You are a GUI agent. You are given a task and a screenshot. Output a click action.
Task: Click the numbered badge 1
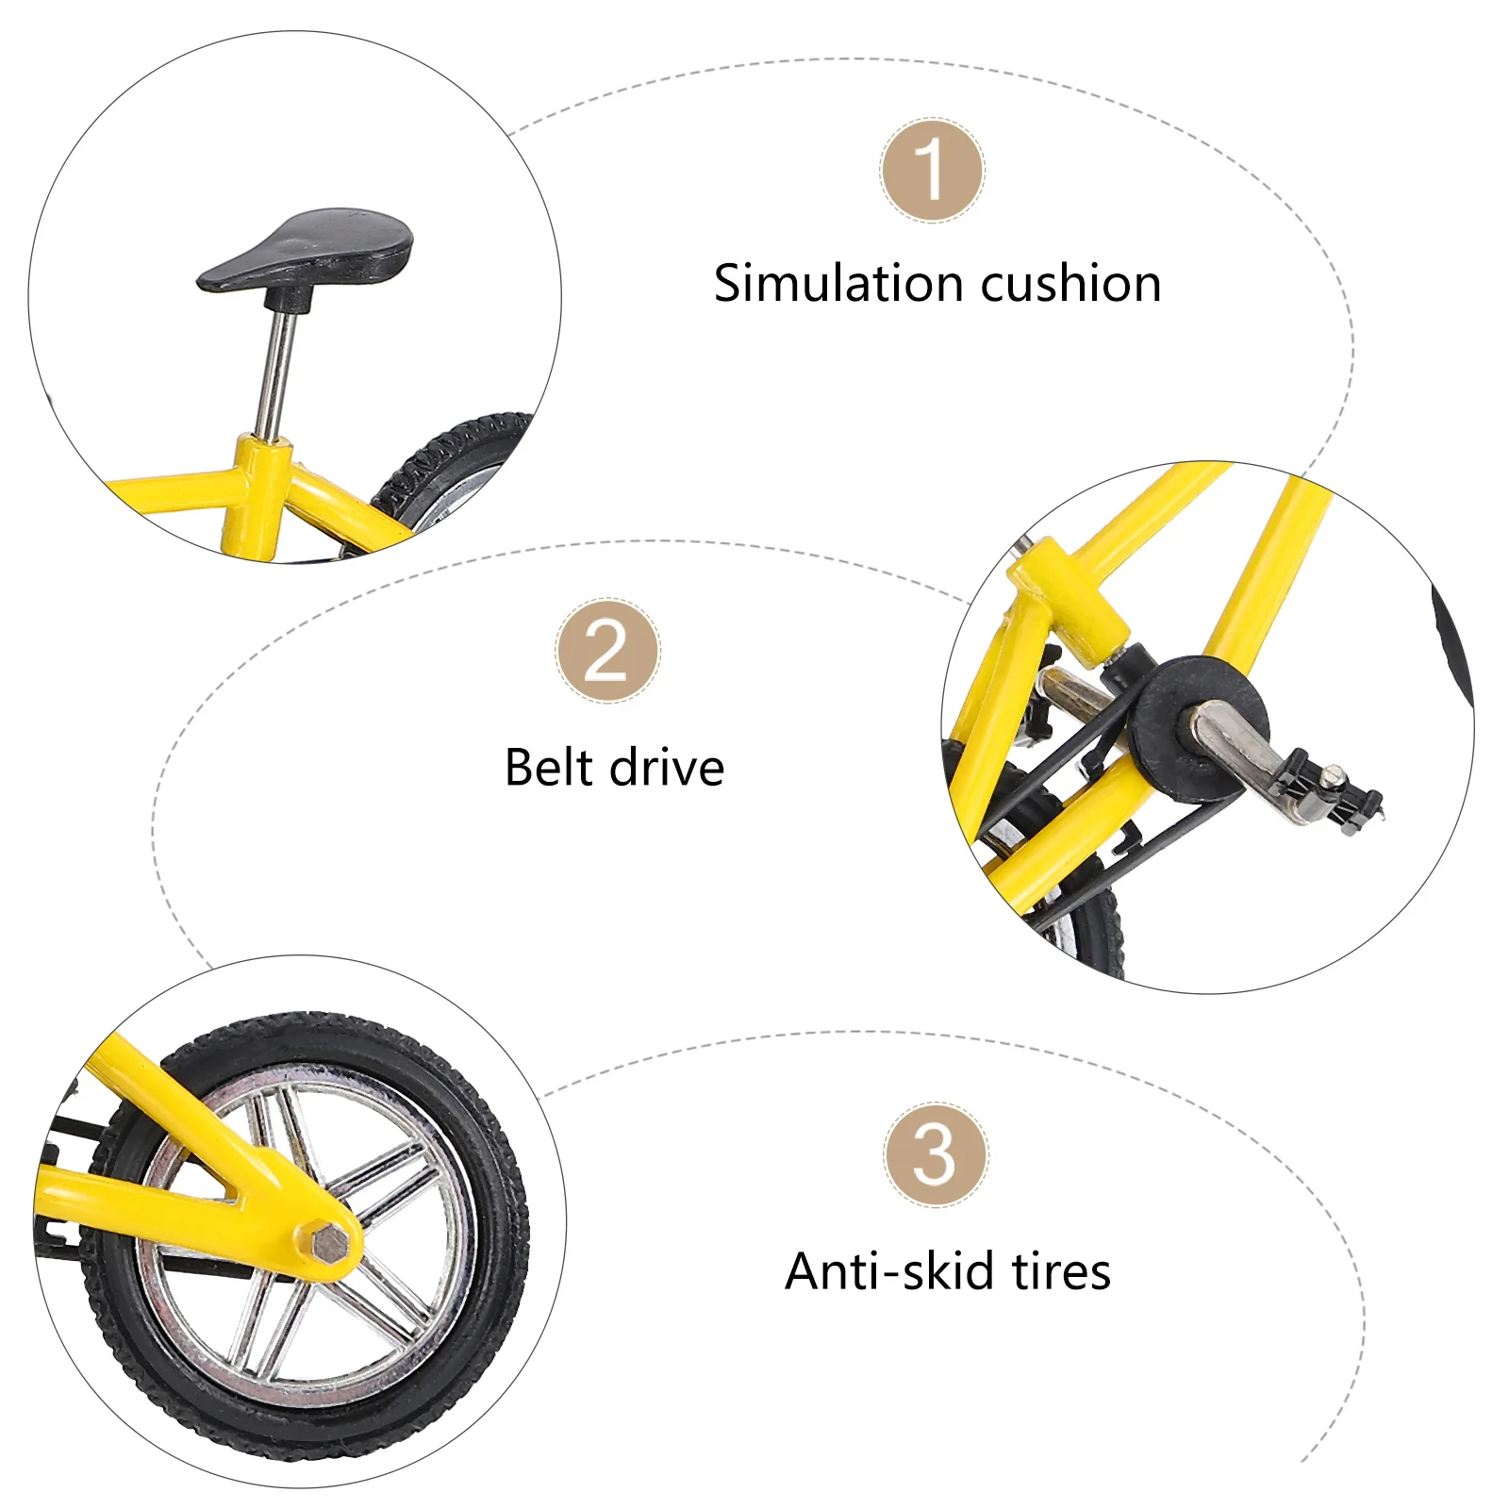point(932,171)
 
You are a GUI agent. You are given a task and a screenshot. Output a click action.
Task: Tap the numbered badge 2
point(607,651)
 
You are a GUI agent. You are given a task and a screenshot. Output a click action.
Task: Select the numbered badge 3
point(935,1154)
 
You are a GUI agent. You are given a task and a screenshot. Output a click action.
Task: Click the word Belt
point(547,767)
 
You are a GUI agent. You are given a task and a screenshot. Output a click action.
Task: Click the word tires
point(1061,1271)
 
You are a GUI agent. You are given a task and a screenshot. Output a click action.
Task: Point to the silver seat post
point(277,373)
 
